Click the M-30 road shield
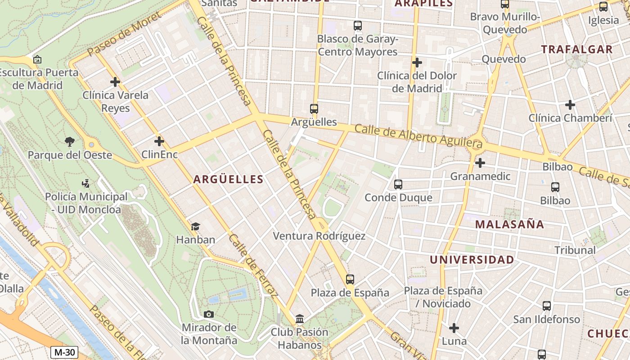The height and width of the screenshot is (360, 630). coord(64,352)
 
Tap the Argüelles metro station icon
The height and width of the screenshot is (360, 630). coord(314,108)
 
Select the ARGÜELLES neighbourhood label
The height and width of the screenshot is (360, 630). coord(228,179)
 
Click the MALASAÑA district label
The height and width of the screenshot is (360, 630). coord(509,224)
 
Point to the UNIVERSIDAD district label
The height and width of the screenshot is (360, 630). coord(472,260)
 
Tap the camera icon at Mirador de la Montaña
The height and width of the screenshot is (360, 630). coord(209,314)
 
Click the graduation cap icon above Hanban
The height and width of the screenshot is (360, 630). coord(195,226)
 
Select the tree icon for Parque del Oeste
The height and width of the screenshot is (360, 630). coord(69,142)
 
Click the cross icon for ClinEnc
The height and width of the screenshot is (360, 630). coord(159,141)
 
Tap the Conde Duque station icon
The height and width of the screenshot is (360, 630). coord(398,184)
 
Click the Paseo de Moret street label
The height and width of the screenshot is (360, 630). coord(124,35)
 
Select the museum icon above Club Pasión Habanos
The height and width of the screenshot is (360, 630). coord(300,319)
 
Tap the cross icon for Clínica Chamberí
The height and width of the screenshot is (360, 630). coord(570,105)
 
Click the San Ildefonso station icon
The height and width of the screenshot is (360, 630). coord(547,306)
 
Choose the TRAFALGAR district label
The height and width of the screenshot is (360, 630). coord(576,49)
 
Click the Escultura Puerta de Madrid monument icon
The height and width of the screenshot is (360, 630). coord(37,59)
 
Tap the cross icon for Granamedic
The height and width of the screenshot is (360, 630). coord(480,162)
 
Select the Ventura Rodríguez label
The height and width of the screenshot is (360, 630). coord(319,236)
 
